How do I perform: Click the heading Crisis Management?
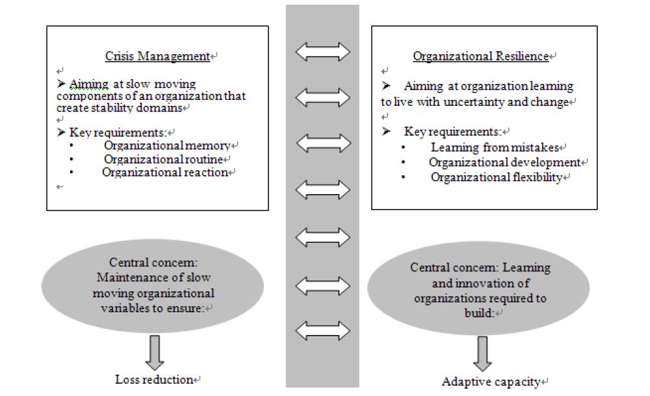pyautogui.click(x=157, y=56)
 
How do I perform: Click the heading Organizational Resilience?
pyautogui.click(x=480, y=56)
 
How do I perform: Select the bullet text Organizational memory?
pyautogui.click(x=166, y=145)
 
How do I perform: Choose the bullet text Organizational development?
pyautogui.click(x=504, y=162)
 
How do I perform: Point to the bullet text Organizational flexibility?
pyautogui.click(x=496, y=177)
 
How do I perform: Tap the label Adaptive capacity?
pyautogui.click(x=491, y=382)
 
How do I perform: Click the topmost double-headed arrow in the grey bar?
pyautogui.click(x=322, y=51)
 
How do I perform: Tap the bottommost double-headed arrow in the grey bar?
pyautogui.click(x=322, y=331)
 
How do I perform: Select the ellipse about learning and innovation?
pyautogui.click(x=480, y=290)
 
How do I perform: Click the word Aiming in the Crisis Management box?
pyautogui.click(x=85, y=84)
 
